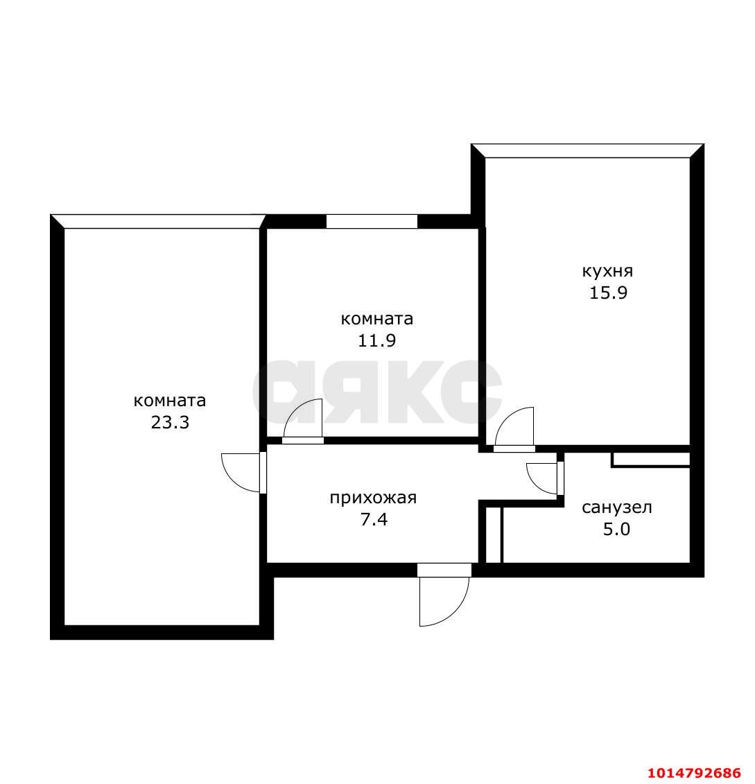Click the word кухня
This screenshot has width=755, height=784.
(607, 271)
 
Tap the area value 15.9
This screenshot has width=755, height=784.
(608, 293)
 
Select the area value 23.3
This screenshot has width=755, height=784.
(170, 422)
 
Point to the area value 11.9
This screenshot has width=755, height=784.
(377, 340)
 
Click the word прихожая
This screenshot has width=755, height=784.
(373, 498)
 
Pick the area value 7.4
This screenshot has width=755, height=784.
(373, 519)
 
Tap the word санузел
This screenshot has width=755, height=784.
(616, 507)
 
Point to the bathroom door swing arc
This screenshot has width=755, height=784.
(542, 476)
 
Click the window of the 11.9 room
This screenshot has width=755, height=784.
(372, 222)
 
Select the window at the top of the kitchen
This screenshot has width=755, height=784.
(588, 151)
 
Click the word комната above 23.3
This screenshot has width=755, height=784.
(170, 401)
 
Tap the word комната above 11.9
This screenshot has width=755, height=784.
(377, 319)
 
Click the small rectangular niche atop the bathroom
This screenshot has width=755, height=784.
(650, 459)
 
